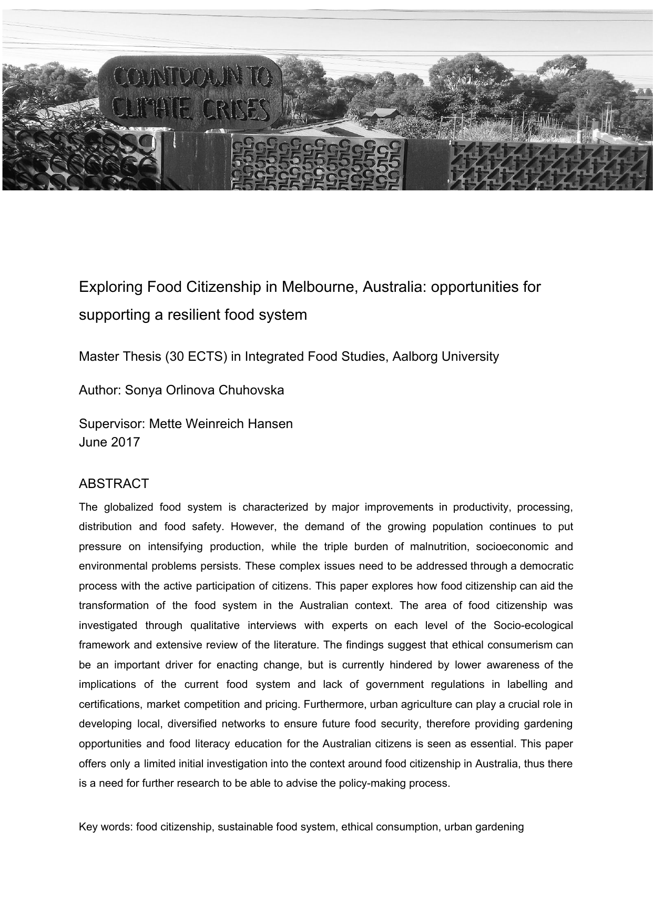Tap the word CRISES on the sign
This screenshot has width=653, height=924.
point(239,110)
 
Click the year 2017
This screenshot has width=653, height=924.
point(125,442)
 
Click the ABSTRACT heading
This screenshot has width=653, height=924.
point(114,483)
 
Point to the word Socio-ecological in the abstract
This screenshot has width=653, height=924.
point(533,625)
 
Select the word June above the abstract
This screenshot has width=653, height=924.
point(93,442)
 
